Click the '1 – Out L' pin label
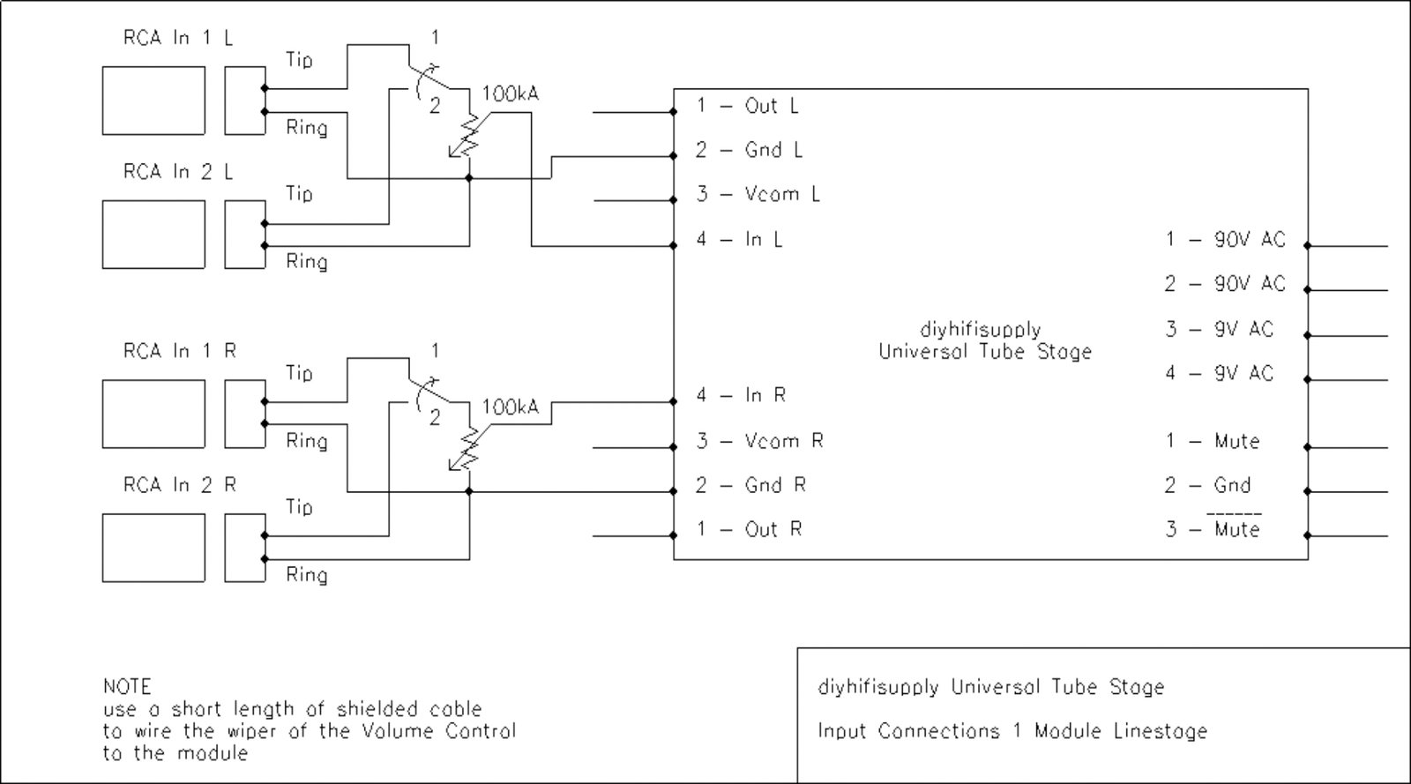(748, 106)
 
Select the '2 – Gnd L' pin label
(749, 150)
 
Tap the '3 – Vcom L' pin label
(758, 194)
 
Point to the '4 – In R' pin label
(741, 395)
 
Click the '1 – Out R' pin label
(749, 529)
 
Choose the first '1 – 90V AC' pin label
(1225, 239)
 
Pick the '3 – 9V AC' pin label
(1220, 329)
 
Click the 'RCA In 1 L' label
(178, 38)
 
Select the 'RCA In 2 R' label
(180, 485)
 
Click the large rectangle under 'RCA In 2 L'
(153, 235)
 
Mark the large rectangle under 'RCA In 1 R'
(153, 414)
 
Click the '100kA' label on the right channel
(510, 407)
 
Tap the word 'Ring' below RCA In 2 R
(306, 575)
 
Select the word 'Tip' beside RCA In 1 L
(299, 60)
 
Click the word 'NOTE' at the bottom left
(127, 686)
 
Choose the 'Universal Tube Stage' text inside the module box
(985, 351)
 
